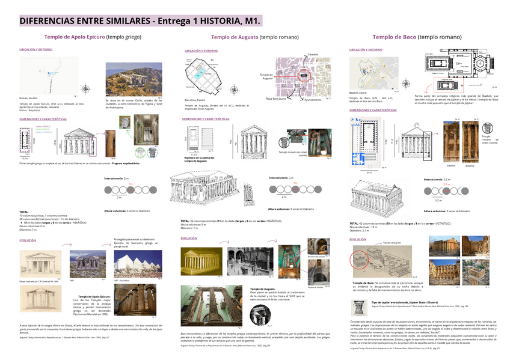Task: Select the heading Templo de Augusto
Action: (x=234, y=37)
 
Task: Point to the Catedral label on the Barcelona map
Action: (x=313, y=55)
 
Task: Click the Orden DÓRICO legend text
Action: (x=43, y=127)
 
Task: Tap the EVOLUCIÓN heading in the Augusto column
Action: (x=188, y=239)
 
